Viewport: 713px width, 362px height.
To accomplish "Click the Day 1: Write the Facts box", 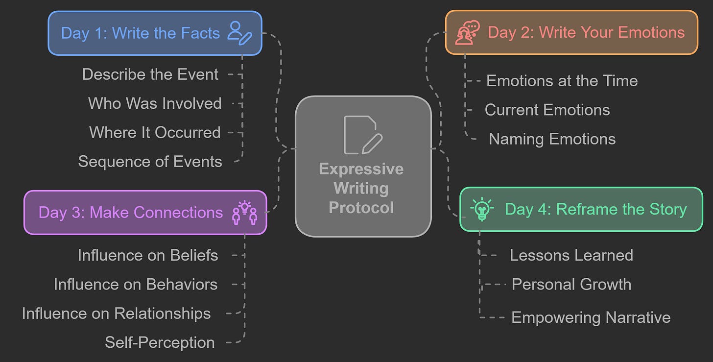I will coord(155,33).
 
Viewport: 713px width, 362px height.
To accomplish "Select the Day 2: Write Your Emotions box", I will coord(571,32).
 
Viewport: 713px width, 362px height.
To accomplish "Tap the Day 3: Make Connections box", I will coord(145,213).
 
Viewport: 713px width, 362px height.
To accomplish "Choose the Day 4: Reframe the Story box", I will coord(581,209).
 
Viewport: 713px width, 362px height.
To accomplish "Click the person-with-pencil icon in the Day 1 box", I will coord(240,33).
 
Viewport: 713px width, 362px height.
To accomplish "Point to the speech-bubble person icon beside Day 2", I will coord(467,33).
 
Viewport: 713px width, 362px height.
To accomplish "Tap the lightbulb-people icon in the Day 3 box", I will coord(244,213).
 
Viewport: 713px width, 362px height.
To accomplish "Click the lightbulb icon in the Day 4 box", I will coord(482,209).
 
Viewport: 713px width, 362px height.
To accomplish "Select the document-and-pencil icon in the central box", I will coord(362,135).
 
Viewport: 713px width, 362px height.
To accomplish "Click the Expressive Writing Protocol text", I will coord(361,188).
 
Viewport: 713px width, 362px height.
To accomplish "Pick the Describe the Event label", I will coord(150,74).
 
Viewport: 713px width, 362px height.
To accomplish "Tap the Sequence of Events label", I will coord(150,162).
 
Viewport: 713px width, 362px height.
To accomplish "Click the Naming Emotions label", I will coord(552,139).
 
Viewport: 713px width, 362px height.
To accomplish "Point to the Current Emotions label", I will coord(547,110).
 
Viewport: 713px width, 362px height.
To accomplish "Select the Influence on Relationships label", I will coord(117,314).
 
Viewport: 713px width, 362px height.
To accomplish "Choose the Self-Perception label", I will coord(160,342).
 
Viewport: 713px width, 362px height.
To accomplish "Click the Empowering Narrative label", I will coord(591,317).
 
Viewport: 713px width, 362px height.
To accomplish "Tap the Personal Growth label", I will coord(571,285).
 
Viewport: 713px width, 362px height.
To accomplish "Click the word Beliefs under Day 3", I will coord(194,255).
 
